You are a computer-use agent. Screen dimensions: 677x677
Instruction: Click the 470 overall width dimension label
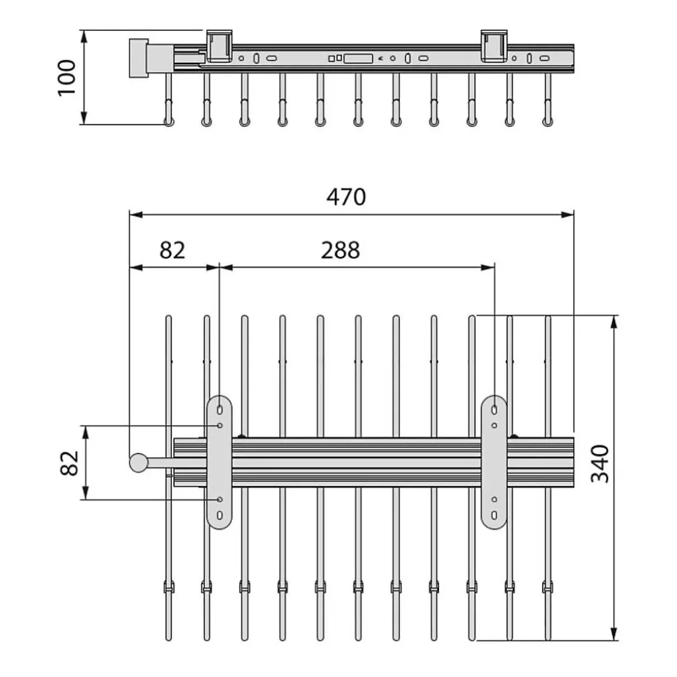tap(346, 197)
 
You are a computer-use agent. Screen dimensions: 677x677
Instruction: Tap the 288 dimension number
tap(340, 250)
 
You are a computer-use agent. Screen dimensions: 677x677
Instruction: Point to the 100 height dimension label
tap(67, 77)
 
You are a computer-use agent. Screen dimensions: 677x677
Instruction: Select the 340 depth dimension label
tap(600, 464)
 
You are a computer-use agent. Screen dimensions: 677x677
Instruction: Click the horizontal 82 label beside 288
tap(172, 250)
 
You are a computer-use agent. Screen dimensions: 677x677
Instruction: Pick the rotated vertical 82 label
tap(70, 463)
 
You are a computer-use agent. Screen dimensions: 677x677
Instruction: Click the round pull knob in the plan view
tap(139, 463)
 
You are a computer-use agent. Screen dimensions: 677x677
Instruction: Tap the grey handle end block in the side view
tap(139, 58)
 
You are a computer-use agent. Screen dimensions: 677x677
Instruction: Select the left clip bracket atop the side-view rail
tap(219, 46)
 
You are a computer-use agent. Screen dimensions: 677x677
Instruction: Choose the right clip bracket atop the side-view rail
tap(494, 46)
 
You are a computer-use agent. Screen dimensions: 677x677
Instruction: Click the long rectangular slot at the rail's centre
tap(358, 59)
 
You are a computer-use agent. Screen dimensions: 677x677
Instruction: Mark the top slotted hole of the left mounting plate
tap(220, 409)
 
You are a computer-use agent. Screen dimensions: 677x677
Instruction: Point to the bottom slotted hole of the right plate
tap(494, 515)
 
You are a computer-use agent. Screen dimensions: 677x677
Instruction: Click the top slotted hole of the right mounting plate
tap(494, 409)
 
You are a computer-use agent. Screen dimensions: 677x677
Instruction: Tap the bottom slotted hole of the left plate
tap(220, 515)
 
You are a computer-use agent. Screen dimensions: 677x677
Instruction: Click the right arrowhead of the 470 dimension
tap(567, 215)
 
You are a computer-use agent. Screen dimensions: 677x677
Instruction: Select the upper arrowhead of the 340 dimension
tap(614, 322)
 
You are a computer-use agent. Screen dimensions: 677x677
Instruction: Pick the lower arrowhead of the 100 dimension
tap(84, 118)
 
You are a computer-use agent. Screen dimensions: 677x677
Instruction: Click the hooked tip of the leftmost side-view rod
tap(169, 121)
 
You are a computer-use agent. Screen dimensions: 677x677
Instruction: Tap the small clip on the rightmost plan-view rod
tap(548, 587)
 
